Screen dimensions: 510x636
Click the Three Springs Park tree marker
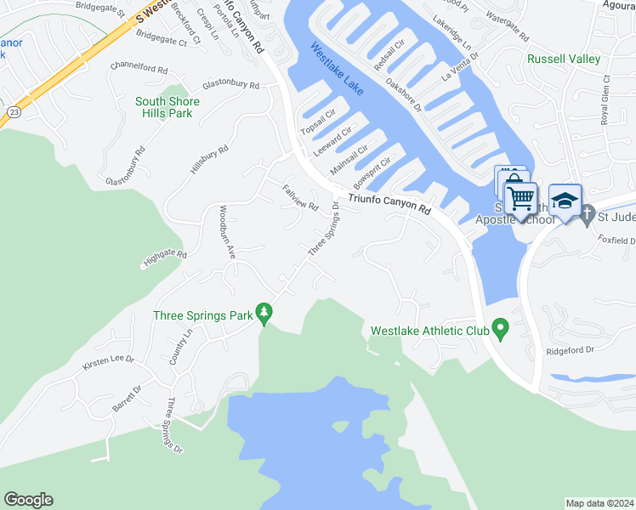[264, 314]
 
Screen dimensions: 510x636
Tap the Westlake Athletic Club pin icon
[501, 328]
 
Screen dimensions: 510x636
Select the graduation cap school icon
[565, 201]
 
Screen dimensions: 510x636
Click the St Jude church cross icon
[588, 217]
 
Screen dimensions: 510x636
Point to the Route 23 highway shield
[14, 110]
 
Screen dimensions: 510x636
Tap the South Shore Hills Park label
[168, 107]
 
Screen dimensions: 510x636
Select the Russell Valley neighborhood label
[563, 59]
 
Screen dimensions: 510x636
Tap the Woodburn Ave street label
[225, 231]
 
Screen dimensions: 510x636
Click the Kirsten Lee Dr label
[108, 363]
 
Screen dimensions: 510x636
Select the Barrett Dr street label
[127, 397]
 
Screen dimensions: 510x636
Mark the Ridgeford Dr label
[570, 350]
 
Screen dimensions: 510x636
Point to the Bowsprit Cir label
[372, 173]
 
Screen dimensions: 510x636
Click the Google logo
[28, 500]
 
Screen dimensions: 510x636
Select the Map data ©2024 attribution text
[599, 503]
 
